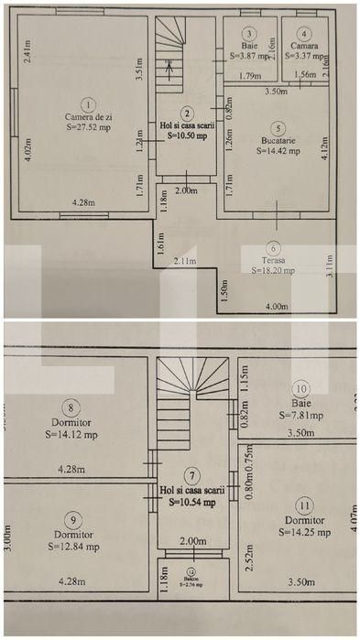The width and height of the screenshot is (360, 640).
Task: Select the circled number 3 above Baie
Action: tap(249, 34)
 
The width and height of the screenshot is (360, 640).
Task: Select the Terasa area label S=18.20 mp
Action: tap(272, 270)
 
